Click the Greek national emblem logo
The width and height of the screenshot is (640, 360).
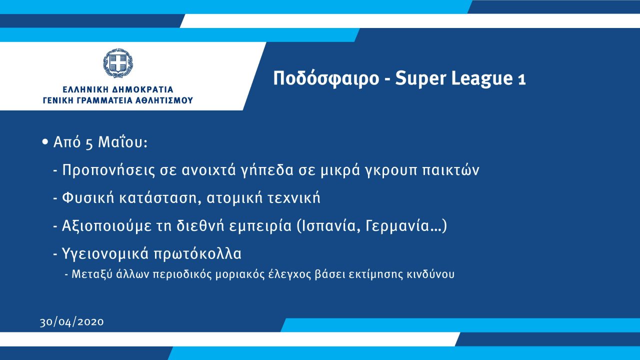118,63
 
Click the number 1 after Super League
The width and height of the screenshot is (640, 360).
521,80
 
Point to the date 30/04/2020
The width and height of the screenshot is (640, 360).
71,322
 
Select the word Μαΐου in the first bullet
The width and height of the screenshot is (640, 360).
122,142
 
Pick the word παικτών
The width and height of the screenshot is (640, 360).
450,170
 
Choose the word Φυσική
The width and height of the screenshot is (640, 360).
88,198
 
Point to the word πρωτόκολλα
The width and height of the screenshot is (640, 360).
197,254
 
